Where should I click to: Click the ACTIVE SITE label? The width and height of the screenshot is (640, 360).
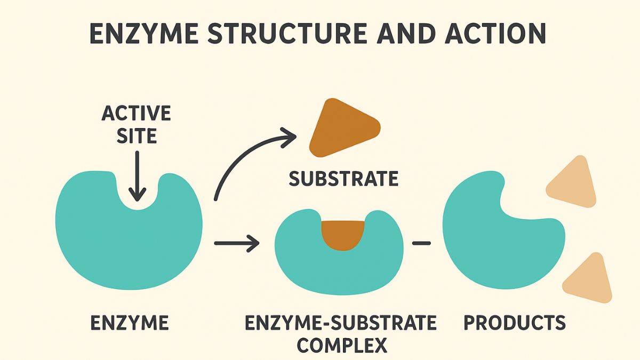pyautogui.click(x=136, y=124)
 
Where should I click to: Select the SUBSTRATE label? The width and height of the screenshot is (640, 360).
pyautogui.click(x=343, y=179)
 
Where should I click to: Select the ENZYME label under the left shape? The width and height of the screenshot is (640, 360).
pyautogui.click(x=130, y=323)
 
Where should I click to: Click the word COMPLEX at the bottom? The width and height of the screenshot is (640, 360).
pyautogui.click(x=341, y=345)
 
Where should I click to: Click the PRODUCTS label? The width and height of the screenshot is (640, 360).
pyautogui.click(x=515, y=323)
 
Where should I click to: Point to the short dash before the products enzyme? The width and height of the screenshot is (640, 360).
pyautogui.click(x=421, y=244)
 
